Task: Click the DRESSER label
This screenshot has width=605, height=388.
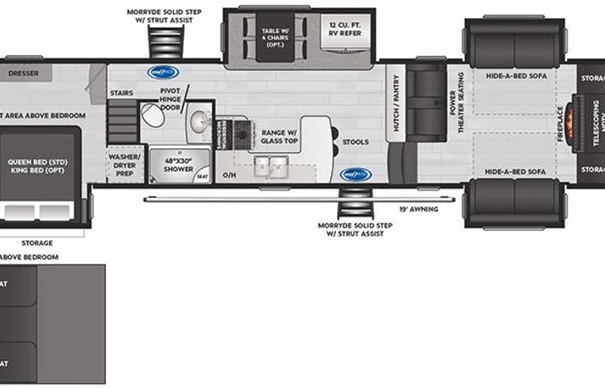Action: pyautogui.click(x=25, y=73)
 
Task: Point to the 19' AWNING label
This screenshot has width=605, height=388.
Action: pyautogui.click(x=419, y=209)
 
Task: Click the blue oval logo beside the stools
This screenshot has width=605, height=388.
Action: pyautogui.click(x=356, y=175)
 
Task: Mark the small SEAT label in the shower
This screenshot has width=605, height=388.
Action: pyautogui.click(x=203, y=175)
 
